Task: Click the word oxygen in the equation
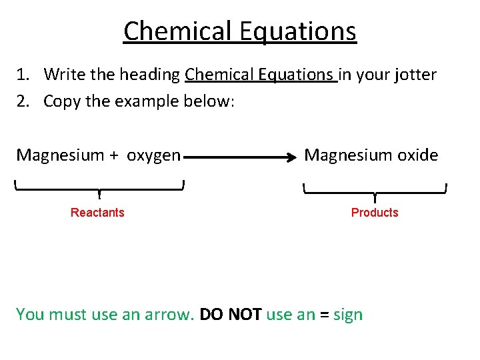(x=153, y=156)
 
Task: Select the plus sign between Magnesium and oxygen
(x=114, y=156)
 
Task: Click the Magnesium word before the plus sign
(x=60, y=155)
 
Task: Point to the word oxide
(x=418, y=155)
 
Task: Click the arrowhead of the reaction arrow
(x=292, y=158)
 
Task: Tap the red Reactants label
(x=97, y=213)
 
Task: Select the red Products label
(x=375, y=213)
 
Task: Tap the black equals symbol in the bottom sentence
(x=324, y=315)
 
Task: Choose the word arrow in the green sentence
(x=169, y=315)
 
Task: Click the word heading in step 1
(x=152, y=75)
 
